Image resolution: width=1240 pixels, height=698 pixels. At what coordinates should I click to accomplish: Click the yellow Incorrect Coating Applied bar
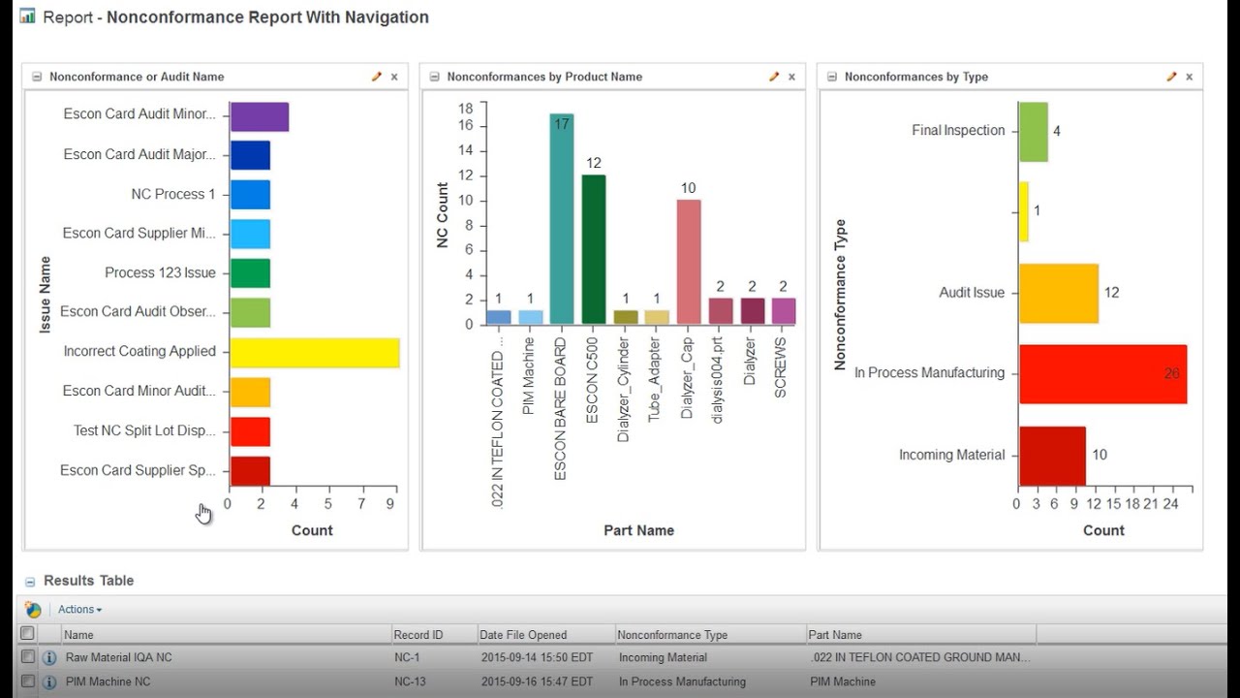click(314, 353)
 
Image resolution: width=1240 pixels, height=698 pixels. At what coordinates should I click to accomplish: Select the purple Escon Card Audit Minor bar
click(259, 117)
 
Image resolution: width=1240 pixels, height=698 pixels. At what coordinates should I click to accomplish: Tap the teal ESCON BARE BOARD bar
click(562, 219)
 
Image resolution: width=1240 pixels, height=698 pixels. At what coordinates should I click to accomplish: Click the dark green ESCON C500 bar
click(594, 249)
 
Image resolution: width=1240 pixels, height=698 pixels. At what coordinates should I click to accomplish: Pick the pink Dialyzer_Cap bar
click(689, 262)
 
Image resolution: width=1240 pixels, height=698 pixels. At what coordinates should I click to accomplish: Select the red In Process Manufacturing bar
click(1102, 374)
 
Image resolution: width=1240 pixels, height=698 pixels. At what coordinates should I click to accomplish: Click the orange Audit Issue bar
click(1058, 293)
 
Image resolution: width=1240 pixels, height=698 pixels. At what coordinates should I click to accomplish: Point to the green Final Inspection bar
click(1033, 132)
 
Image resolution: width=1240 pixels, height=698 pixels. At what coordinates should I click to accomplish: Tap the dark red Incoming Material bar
click(1051, 456)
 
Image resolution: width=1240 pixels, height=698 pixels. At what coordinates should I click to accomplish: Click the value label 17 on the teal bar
click(562, 123)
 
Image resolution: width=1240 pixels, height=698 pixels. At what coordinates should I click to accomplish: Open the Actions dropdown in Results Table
click(79, 610)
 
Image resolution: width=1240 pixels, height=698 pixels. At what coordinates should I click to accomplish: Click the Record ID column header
click(418, 635)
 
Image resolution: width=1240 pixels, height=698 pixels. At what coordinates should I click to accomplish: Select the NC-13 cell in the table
click(410, 682)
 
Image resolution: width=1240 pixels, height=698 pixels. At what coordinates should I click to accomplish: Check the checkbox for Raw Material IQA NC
click(28, 657)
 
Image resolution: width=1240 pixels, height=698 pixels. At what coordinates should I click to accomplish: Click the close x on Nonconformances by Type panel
click(1189, 77)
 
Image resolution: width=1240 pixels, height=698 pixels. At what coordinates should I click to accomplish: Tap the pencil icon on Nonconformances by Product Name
click(774, 77)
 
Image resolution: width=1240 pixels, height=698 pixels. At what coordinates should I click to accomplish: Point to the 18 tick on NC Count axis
click(466, 108)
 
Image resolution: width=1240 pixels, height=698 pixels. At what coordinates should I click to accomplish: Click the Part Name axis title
click(638, 530)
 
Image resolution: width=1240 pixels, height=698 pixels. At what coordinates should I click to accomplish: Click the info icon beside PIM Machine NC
click(49, 682)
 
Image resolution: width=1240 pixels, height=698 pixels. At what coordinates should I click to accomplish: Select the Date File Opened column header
click(523, 635)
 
